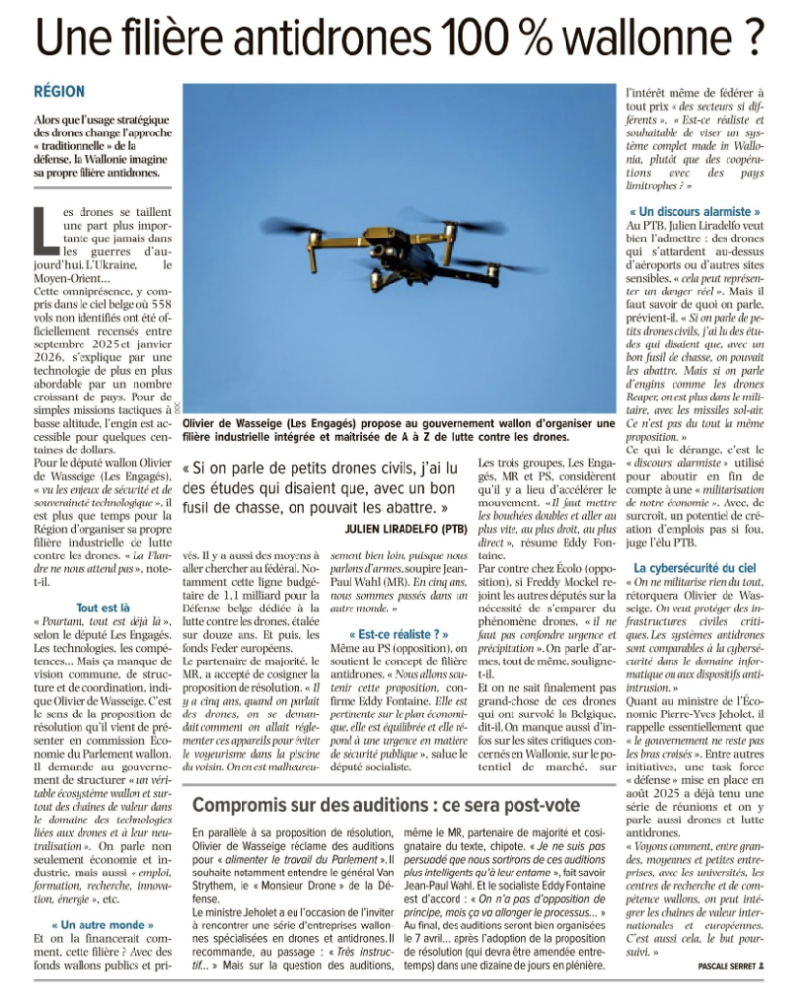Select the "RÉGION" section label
pyautogui.click(x=59, y=91)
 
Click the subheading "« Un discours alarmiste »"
pyautogui.click(x=694, y=211)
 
